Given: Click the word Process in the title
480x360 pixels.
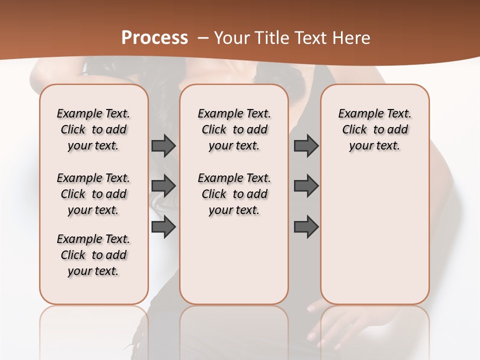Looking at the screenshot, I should coord(154,37).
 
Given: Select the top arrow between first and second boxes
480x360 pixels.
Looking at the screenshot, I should coord(163,145).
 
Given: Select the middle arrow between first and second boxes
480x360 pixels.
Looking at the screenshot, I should coord(163,186).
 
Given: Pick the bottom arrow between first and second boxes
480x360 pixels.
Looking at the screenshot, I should coord(163,227).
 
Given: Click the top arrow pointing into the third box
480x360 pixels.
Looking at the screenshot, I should coord(306,145).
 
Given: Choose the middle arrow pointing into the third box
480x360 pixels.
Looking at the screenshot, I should coord(306,186).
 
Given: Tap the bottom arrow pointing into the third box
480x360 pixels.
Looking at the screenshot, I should coord(306,227).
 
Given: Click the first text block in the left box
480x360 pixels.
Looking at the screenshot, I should coord(93,129).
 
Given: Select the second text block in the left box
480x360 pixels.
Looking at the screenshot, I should coord(93,194).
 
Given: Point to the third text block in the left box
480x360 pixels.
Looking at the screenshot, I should coord(93,255).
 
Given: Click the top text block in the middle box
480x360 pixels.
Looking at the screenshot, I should coord(234,129).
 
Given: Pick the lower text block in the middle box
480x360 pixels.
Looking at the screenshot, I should coord(234,194).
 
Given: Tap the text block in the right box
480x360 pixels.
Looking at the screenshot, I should coord(374,129).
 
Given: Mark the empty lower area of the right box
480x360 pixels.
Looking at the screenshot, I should coord(374,235).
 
